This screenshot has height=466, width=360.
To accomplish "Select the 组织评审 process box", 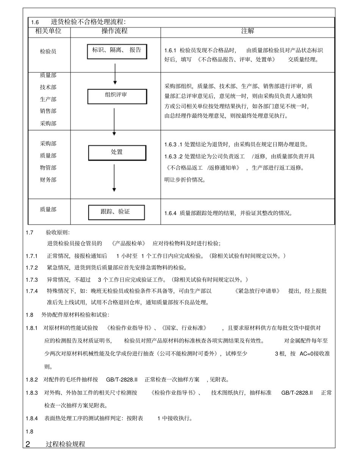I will pyautogui.click(x=117, y=96).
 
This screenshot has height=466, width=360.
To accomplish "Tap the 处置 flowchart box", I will pyautogui.click(x=117, y=153).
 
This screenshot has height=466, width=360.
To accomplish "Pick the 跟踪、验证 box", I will pyautogui.click(x=117, y=212).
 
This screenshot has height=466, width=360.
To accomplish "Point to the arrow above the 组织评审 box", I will pyautogui.click(x=115, y=74).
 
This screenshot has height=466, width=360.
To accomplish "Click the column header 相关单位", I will pyautogui.click(x=48, y=31).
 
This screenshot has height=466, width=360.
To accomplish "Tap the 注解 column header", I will pyautogui.click(x=247, y=31).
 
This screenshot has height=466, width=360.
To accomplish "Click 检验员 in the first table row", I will pyautogui.click(x=48, y=52).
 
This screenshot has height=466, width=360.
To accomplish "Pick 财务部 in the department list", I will pyautogui.click(x=48, y=180).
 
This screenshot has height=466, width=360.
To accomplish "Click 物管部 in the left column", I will pyautogui.click(x=48, y=167).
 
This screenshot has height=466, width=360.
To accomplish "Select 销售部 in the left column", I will pyautogui.click(x=48, y=111).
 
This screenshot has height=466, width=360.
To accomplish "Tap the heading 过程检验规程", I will pyautogui.click(x=66, y=444).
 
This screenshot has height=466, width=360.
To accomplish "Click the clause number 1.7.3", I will pyautogui.click(x=32, y=280).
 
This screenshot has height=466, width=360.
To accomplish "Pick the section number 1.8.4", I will pyautogui.click(x=32, y=418).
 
